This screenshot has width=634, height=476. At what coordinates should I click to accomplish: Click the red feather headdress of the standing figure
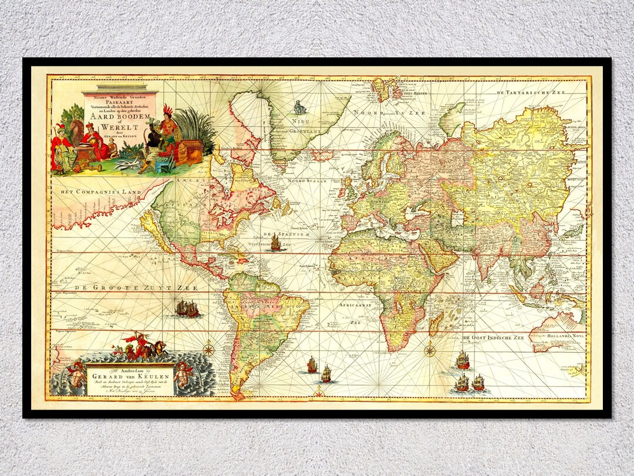[168, 110]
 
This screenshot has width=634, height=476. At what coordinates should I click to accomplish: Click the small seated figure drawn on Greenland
[301, 108]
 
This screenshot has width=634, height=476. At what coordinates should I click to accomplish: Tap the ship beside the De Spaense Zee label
[275, 242]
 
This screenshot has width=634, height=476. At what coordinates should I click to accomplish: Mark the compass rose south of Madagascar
[430, 351]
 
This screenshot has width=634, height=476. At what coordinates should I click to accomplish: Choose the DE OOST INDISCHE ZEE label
[493, 338]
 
